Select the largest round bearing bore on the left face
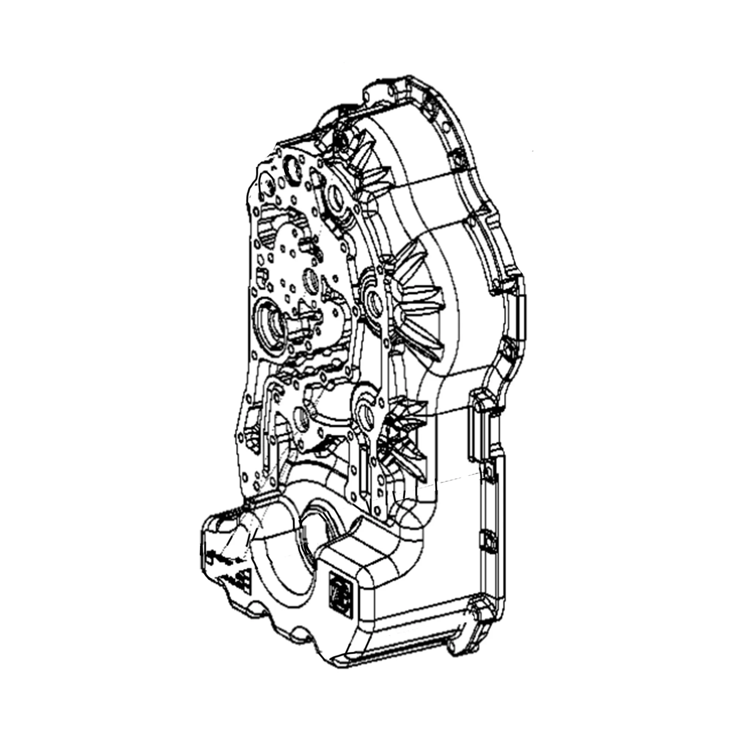pos(272,321)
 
